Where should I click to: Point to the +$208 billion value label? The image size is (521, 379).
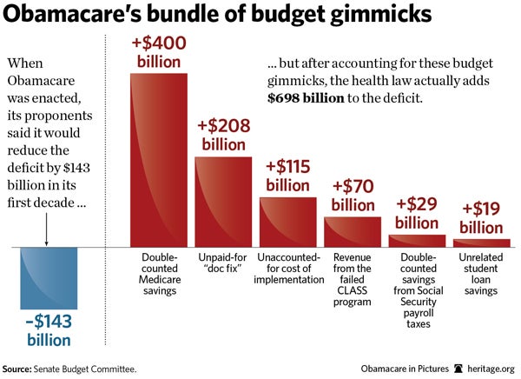pos(224,135)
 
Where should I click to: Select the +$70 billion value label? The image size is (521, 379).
pos(353,195)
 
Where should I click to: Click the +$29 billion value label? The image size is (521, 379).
pos(417,213)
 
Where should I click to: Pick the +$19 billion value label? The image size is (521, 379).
pos(481,217)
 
